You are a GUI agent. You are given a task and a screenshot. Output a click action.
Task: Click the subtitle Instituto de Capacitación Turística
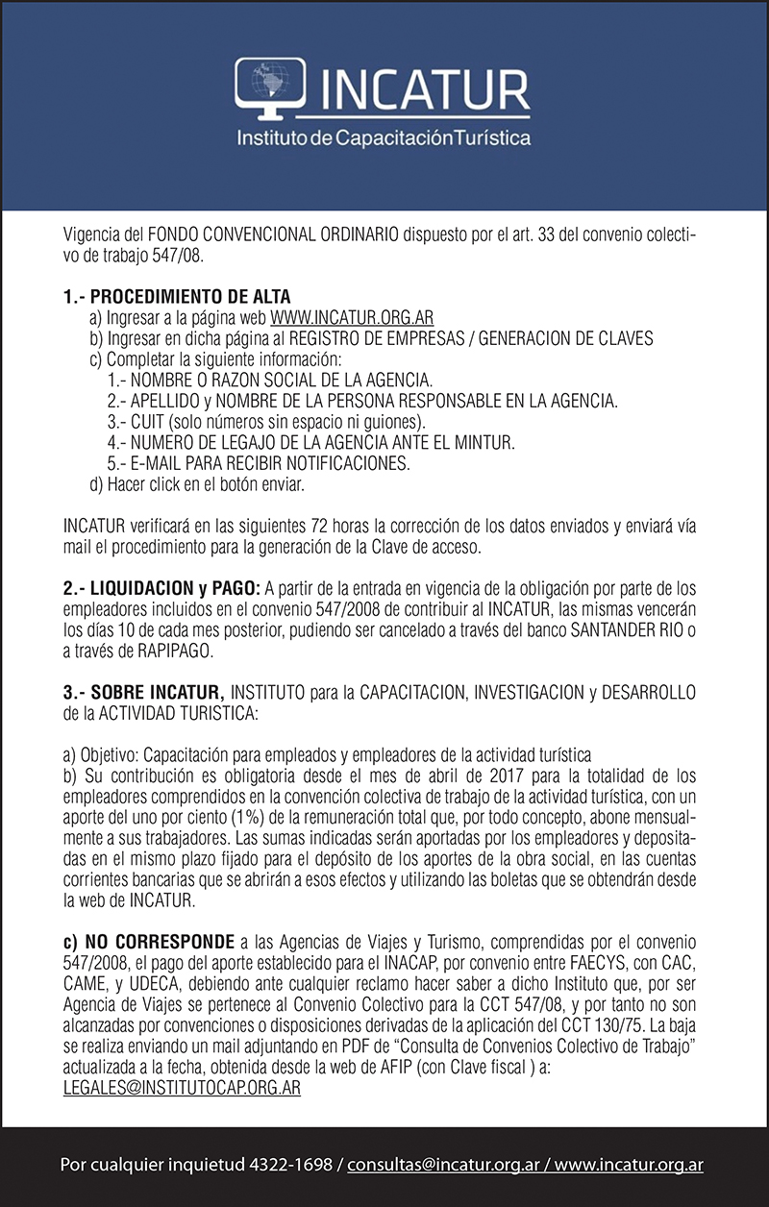[384, 138]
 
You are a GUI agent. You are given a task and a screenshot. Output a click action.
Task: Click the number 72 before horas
[320, 528]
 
